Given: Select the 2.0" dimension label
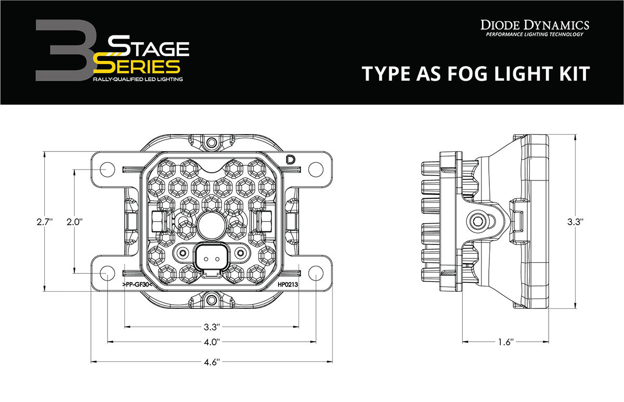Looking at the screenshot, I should point(74,222).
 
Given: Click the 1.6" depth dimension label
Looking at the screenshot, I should point(505,342).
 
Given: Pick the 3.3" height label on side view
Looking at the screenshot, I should point(575,222).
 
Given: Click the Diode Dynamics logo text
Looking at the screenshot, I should point(534,25).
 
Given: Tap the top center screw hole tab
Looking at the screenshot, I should point(211,142).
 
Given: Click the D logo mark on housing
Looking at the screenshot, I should point(290,160).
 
